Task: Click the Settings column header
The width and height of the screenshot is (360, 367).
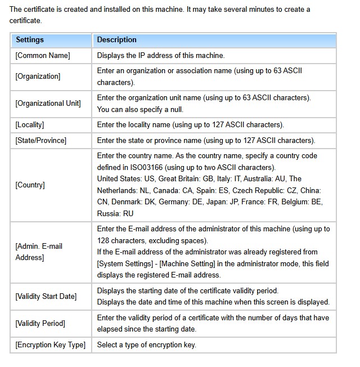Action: [30, 40]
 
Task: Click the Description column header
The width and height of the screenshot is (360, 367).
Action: [116, 40]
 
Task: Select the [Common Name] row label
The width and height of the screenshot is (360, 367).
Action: [43, 56]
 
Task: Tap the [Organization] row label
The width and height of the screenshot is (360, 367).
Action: [38, 76]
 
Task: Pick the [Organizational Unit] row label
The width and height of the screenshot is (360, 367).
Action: [48, 104]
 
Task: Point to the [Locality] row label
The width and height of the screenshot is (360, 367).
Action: [30, 125]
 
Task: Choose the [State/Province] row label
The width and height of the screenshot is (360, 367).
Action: [40, 141]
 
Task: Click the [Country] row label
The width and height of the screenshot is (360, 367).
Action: [30, 185]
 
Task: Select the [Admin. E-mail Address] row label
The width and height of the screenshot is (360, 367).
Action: [39, 252]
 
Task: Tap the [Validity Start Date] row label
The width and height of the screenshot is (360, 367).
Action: [46, 297]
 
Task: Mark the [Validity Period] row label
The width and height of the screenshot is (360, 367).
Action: [40, 324]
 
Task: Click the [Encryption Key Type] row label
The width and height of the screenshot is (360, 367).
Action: [50, 345]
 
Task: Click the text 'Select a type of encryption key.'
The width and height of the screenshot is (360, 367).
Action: [146, 345]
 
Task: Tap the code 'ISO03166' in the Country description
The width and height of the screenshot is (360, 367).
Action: [141, 168]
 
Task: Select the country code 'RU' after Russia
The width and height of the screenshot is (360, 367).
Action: [128, 214]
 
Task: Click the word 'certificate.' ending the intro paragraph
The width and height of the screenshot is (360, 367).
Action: [25, 20]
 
